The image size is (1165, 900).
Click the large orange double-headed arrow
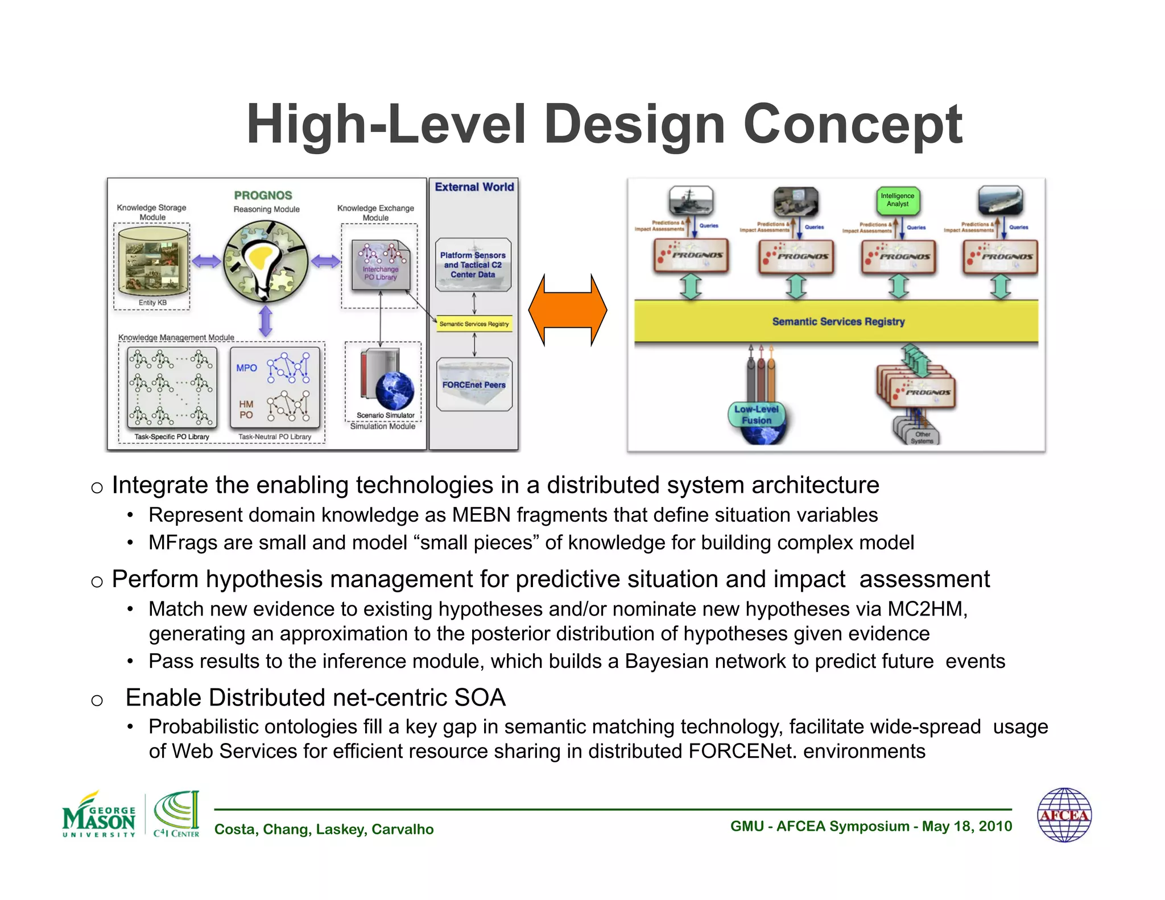[567, 310]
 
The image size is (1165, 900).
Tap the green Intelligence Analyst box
[897, 200]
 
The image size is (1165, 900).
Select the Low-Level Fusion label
[756, 415]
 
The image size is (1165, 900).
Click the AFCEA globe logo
[1064, 815]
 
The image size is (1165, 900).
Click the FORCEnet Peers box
[474, 385]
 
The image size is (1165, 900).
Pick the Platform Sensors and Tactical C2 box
[473, 265]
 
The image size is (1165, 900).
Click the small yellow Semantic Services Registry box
[474, 324]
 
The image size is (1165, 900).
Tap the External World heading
[474, 187]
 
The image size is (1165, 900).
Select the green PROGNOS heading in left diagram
[263, 195]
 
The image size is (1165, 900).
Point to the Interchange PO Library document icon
[381, 265]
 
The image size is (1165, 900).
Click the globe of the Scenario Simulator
[395, 391]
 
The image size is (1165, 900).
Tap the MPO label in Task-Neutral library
[247, 368]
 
